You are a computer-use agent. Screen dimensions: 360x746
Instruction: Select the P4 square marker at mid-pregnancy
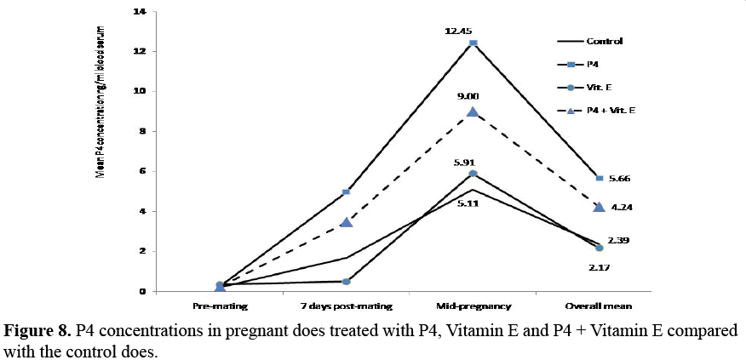473,43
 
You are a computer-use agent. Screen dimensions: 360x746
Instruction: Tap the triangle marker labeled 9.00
473,111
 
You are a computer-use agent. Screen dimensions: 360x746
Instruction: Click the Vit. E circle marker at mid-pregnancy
473,174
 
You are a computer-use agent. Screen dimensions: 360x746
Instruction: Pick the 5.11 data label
473,203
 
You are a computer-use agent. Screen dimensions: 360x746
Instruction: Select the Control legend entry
604,41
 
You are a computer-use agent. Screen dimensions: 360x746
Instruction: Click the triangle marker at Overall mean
600,207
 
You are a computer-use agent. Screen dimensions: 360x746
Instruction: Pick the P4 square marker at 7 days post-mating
346,192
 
